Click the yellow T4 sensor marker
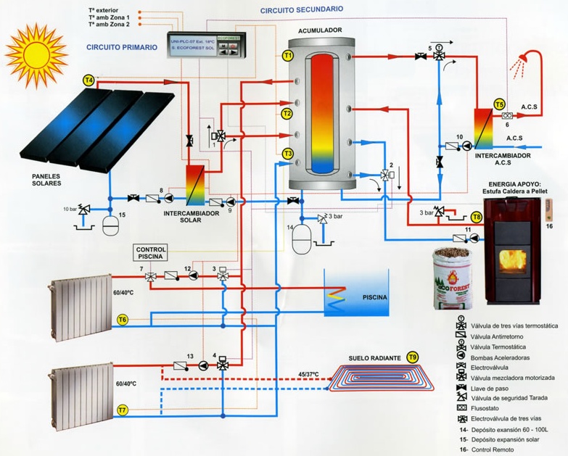click(89, 80)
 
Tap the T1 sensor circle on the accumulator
click(287, 55)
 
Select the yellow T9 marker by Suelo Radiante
click(412, 357)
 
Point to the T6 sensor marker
click(123, 320)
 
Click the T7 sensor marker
click(123, 410)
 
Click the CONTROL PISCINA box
click(151, 253)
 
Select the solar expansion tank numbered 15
click(111, 222)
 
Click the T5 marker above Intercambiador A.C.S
click(499, 104)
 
